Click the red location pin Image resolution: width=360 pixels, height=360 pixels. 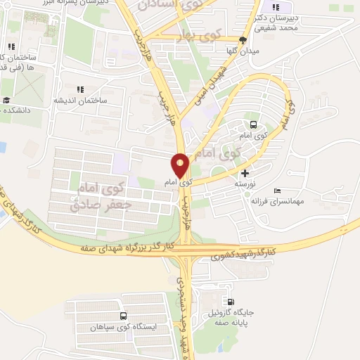(180, 166)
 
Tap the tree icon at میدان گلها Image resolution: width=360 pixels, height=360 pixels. (243, 40)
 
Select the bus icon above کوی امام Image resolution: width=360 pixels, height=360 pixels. (252, 122)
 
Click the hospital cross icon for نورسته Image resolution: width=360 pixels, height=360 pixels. (245, 173)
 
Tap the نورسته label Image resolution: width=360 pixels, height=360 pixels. (243, 184)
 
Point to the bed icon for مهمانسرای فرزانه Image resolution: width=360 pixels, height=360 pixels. (277, 191)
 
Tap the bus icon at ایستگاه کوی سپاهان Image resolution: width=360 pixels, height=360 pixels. (124, 316)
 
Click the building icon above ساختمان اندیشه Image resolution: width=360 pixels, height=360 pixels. (80, 90)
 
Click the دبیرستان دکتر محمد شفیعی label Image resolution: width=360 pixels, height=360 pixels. (276, 22)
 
